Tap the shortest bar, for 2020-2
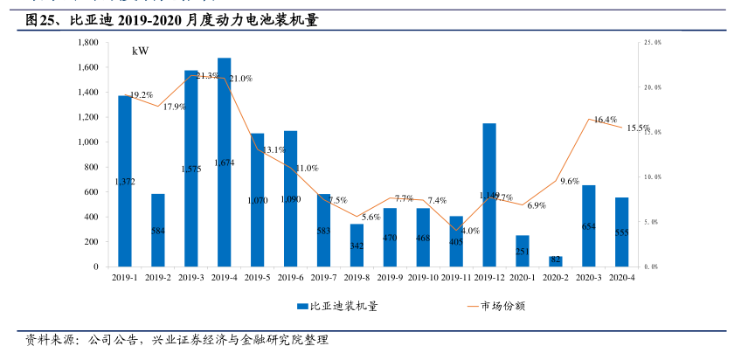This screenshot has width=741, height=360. (556, 261)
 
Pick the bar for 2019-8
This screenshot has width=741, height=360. (357, 245)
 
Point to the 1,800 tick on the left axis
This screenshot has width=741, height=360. (87, 42)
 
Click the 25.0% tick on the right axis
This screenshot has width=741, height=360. (652, 42)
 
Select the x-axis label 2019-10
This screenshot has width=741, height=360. (423, 277)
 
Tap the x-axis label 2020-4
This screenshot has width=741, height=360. (621, 277)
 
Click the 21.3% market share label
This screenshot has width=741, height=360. (208, 77)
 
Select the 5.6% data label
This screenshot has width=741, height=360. (370, 217)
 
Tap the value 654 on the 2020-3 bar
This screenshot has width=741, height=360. (588, 226)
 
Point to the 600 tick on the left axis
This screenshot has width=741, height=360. (90, 192)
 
